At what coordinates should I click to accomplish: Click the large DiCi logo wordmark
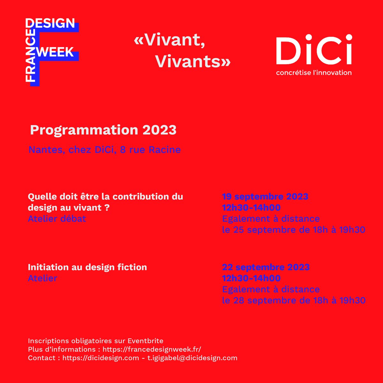pos(314,50)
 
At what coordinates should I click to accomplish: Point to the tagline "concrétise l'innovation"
pos(314,72)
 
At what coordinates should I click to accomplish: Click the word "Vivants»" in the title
pos(193,62)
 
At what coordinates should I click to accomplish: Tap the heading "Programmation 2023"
pos(103,130)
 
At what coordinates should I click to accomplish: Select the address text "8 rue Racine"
pos(150,150)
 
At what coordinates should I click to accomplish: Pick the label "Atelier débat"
pos(57,219)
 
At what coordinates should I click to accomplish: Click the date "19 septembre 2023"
pos(265,197)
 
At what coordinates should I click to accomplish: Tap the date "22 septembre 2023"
pos(266,267)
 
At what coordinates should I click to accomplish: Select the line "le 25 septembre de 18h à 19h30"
pos(293,230)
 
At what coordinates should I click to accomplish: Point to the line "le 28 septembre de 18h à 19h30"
pos(294,300)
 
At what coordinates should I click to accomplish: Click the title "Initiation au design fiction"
pos(87,267)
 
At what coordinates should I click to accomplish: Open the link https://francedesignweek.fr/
pos(152,349)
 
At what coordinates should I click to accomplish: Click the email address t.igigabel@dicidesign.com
pos(192,358)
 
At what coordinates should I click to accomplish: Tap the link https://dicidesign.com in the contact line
pos(101,358)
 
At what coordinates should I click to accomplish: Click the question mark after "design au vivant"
pos(107,208)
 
